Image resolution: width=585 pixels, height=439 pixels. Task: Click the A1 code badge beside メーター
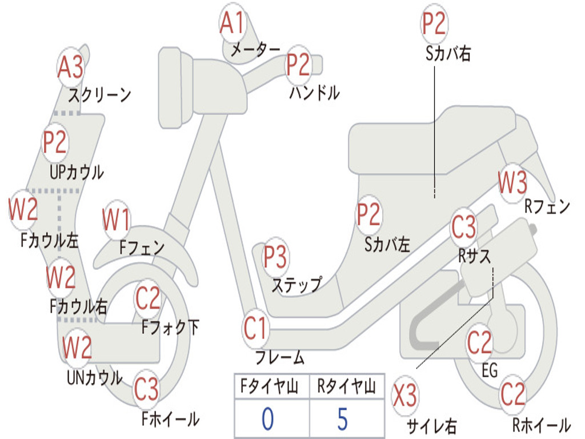[233, 25]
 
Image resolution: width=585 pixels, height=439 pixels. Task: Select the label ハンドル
[314, 93]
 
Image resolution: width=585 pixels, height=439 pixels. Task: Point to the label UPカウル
[77, 171]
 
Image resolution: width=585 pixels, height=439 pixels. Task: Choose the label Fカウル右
[78, 307]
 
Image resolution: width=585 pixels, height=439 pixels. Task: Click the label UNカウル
[95, 378]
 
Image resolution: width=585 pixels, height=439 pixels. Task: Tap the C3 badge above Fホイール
[147, 390]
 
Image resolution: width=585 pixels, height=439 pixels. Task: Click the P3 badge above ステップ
[275, 258]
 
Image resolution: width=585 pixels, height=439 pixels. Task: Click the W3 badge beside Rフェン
[512, 184]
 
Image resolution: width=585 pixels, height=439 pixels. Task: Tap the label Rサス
[475, 257]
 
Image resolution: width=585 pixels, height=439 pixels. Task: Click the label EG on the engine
[490, 370]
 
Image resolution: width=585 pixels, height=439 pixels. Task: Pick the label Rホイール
[541, 425]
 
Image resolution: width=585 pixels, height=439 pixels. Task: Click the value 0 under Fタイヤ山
[268, 419]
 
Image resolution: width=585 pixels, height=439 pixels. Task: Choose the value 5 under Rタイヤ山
[342, 419]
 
